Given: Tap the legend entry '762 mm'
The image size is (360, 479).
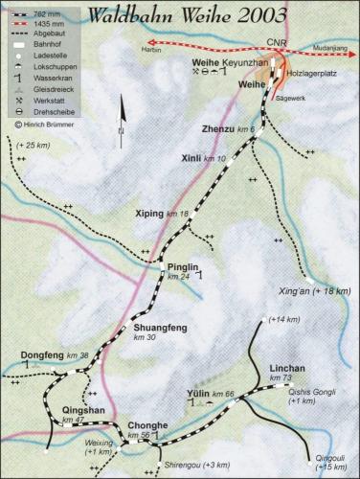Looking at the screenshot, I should (x=51, y=12).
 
